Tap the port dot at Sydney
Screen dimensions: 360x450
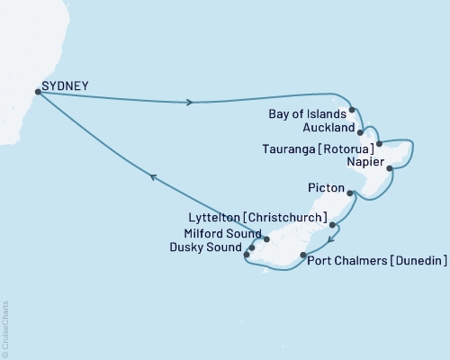38,91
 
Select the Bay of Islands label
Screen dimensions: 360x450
309,114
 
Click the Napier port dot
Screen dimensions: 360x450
389,167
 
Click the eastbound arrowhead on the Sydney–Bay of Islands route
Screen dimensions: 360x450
189,103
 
